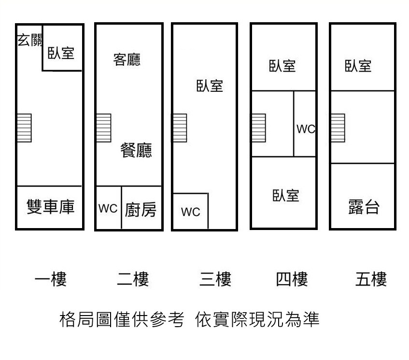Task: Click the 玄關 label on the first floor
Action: [30, 40]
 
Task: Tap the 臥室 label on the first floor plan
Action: [61, 52]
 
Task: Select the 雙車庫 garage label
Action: [51, 207]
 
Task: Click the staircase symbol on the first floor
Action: [25, 128]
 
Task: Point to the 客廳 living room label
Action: [127, 60]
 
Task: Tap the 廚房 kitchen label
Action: [141, 210]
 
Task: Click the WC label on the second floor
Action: [108, 208]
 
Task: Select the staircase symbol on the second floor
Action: [104, 128]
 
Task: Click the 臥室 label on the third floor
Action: [210, 86]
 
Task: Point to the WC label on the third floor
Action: [190, 212]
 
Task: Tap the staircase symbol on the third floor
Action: [180, 128]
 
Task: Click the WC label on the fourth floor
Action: [305, 129]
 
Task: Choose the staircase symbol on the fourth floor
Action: [258, 128]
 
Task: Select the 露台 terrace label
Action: [364, 207]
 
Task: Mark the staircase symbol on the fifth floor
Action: [338, 128]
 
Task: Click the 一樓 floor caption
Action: [51, 279]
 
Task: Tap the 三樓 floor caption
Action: [215, 279]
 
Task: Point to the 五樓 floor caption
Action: [371, 279]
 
